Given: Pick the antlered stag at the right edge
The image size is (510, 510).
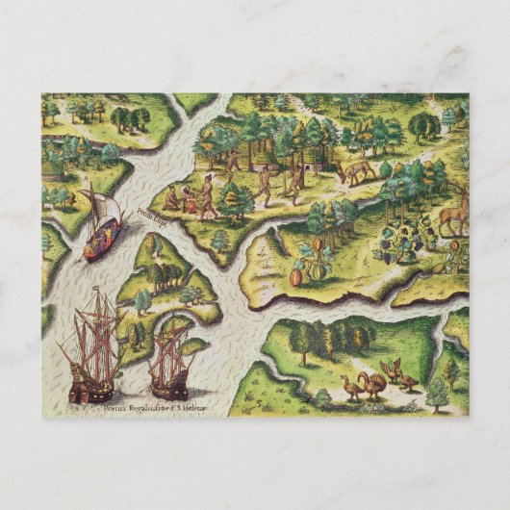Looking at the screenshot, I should [x=451, y=214].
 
